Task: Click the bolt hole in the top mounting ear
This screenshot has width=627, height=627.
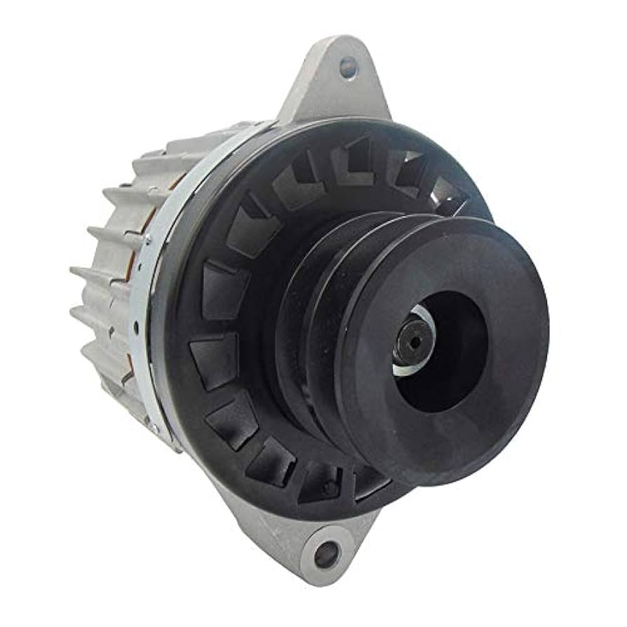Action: tap(348, 68)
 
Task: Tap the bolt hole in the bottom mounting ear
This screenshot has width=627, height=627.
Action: tap(327, 554)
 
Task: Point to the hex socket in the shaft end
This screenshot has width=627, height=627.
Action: tap(412, 342)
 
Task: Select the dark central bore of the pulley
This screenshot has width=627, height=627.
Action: tap(449, 351)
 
